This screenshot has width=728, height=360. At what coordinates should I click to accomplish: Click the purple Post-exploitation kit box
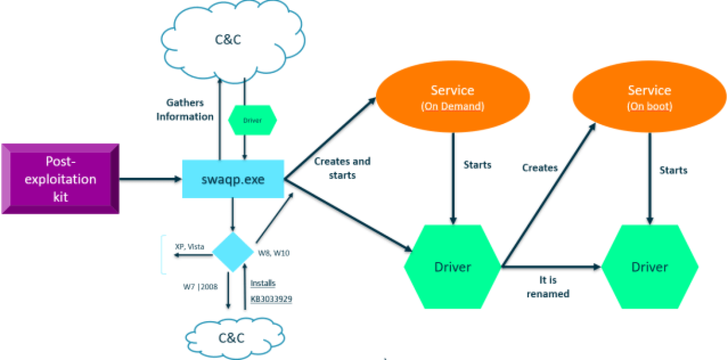click(x=60, y=179)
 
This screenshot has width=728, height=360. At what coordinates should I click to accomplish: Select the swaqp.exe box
click(x=233, y=179)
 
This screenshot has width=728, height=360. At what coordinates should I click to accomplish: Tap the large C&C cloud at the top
click(x=233, y=41)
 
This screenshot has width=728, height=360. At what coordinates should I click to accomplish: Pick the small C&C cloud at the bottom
click(x=235, y=339)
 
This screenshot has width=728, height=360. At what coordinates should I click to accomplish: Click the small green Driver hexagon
click(x=252, y=120)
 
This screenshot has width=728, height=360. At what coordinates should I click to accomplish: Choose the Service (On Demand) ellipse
click(x=453, y=97)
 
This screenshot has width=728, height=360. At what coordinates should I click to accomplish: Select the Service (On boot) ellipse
click(x=649, y=97)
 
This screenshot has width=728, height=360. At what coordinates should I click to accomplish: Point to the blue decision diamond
click(x=233, y=252)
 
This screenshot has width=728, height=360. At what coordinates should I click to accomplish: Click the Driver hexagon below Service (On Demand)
click(x=452, y=267)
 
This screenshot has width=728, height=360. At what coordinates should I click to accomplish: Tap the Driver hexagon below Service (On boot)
click(x=650, y=267)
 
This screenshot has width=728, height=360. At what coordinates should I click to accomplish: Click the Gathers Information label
click(x=185, y=110)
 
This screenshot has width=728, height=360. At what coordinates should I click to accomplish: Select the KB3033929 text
click(x=271, y=299)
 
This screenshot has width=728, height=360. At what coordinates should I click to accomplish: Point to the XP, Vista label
click(x=190, y=247)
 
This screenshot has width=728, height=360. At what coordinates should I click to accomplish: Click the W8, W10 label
click(x=274, y=253)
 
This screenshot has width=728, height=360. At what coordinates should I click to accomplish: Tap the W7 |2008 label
click(x=200, y=287)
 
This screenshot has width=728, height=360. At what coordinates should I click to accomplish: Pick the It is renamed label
click(x=548, y=287)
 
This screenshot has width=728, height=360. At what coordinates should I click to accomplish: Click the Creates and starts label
click(x=343, y=168)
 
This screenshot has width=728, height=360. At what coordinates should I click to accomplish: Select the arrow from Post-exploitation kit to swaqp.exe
click(x=150, y=179)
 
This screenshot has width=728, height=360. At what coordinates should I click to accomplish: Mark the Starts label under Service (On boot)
click(x=673, y=170)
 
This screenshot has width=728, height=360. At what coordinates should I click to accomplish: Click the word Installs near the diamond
click(x=263, y=283)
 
